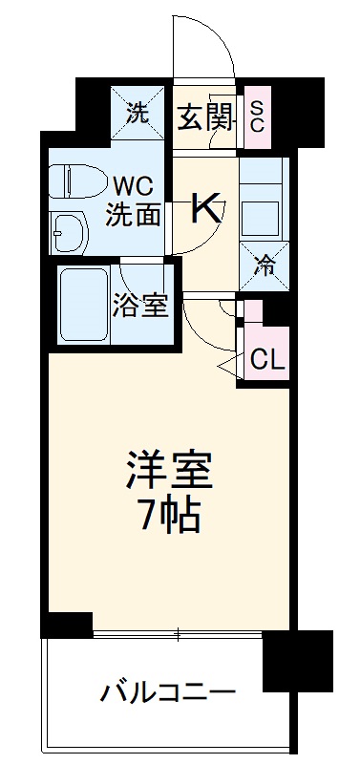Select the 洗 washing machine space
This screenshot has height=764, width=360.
(x=138, y=114)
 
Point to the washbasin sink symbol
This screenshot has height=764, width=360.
(x=69, y=229)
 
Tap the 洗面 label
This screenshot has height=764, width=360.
(x=134, y=215)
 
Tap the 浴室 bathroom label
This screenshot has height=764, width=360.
(x=141, y=306)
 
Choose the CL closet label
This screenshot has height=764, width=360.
(x=266, y=359)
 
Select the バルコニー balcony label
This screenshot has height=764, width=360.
(x=167, y=691)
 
